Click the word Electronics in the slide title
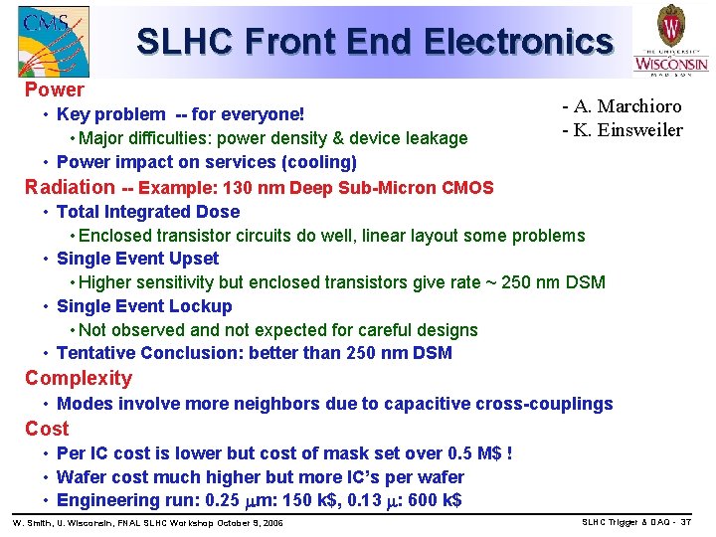pyautogui.click(x=517, y=42)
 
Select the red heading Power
pyautogui.click(x=55, y=89)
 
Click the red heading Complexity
pyautogui.click(x=79, y=378)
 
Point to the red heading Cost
pyautogui.click(x=47, y=429)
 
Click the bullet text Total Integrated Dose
pyautogui.click(x=148, y=211)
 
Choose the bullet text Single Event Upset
pyautogui.click(x=138, y=259)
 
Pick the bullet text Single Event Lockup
pyautogui.click(x=144, y=306)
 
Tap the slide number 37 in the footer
pyautogui.click(x=685, y=522)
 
